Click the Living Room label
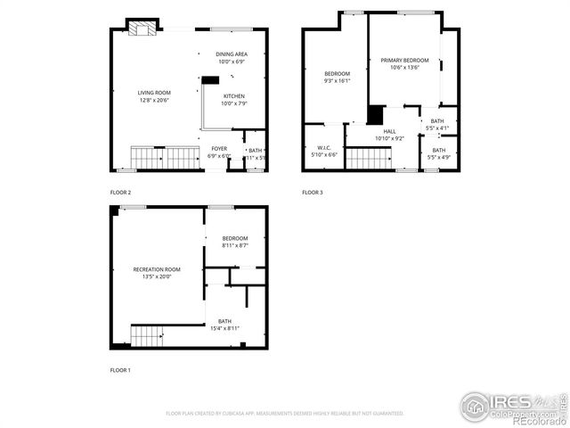pyautogui.click(x=152, y=96)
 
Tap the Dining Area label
pyautogui.click(x=231, y=58)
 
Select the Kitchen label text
pyautogui.click(x=233, y=99)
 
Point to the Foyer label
pyautogui.click(x=219, y=152)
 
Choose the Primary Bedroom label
pyautogui.click(x=404, y=64)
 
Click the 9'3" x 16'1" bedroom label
pyautogui.click(x=337, y=77)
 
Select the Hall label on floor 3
pyautogui.click(x=389, y=135)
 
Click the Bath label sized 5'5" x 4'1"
pyautogui.click(x=437, y=124)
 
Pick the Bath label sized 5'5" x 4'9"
pyautogui.click(x=439, y=153)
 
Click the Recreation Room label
pyautogui.click(x=157, y=273)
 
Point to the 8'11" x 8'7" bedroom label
pyautogui.click(x=235, y=242)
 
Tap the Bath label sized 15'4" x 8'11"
pyautogui.click(x=224, y=325)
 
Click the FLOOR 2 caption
pyautogui.click(x=120, y=193)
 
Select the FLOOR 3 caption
pyautogui.click(x=312, y=193)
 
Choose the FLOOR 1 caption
pyautogui.click(x=120, y=369)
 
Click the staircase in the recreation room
pyautogui.click(x=148, y=336)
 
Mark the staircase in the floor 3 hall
pyautogui.click(x=368, y=158)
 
